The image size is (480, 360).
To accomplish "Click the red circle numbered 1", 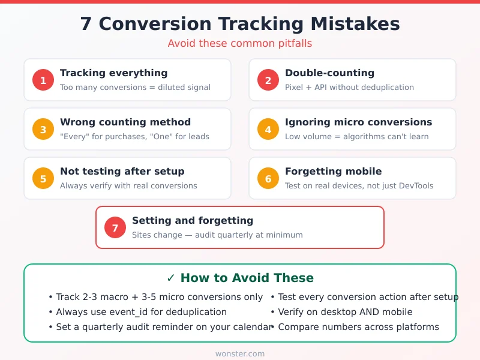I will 43,80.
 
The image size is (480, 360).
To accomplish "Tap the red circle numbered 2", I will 268,80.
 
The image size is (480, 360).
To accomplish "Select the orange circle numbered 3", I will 43,129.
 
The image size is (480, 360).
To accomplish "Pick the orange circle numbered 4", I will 268,129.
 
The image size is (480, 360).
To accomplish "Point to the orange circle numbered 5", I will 43,178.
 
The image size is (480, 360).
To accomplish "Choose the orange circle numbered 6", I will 268,178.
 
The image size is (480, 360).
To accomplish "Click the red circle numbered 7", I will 115,227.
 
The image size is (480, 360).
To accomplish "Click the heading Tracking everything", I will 113,73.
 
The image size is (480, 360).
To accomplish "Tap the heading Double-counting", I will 329,73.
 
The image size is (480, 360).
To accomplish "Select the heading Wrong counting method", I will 125,122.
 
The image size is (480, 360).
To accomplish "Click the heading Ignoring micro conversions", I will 358,122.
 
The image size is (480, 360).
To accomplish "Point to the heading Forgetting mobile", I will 333,172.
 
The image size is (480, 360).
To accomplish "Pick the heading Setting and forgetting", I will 193,221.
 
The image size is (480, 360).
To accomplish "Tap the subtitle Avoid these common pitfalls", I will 240,44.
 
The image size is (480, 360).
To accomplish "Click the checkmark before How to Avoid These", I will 171,278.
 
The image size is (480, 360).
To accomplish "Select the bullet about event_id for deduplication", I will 141,312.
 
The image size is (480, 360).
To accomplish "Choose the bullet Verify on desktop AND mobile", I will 345,312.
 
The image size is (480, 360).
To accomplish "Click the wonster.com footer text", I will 240,353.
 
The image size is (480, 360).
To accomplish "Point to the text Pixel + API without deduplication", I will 349,88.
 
